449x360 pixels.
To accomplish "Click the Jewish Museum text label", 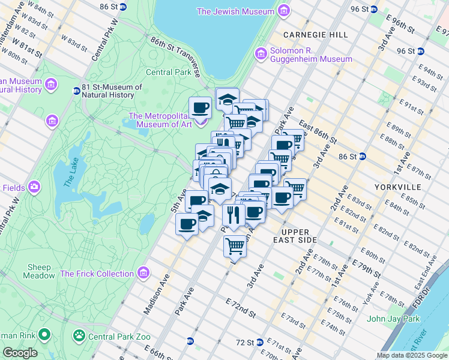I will pyautogui.click(x=235, y=11).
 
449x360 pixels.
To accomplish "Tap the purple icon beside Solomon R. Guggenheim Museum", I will pyautogui.click(x=261, y=55).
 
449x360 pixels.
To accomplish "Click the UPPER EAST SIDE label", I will pyautogui.click(x=295, y=236).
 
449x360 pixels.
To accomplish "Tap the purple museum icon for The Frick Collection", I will pyautogui.click(x=143, y=274).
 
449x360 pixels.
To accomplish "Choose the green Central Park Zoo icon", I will pyautogui.click(x=79, y=335).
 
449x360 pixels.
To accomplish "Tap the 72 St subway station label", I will pyautogui.click(x=244, y=342).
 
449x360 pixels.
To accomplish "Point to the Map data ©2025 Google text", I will pyautogui.click(x=412, y=355).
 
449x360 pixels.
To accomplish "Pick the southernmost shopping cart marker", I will pyautogui.click(x=235, y=245).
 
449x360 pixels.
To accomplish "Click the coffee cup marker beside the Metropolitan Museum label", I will pyautogui.click(x=200, y=108).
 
